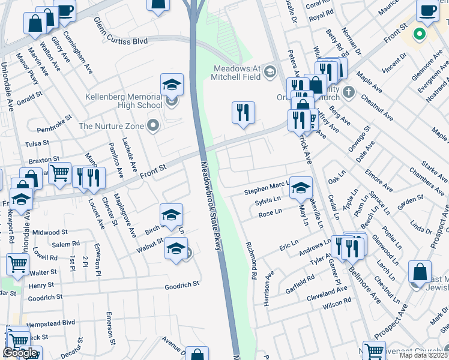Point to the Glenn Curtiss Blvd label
pos(121,30)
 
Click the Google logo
pos(20,353)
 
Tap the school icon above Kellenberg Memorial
pos(172,85)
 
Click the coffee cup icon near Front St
pos(427,11)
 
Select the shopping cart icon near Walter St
pos(18,263)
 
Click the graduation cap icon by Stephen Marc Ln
pos(301,188)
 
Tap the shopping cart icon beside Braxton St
pos(59,173)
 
